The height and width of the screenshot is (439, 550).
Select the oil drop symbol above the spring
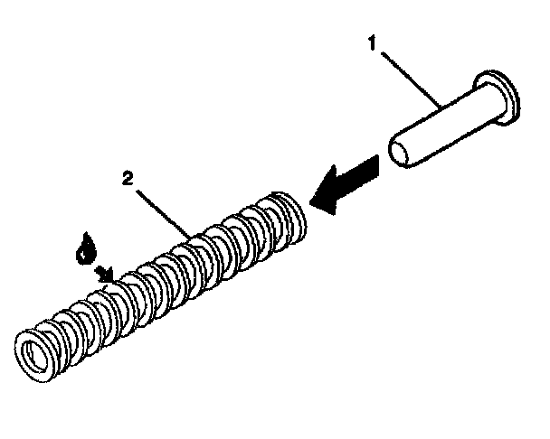pos(87,248)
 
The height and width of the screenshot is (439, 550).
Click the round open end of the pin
pos(404,150)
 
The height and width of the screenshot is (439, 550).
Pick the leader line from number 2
pos(163,210)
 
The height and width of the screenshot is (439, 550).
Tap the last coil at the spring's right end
pos(291,210)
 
